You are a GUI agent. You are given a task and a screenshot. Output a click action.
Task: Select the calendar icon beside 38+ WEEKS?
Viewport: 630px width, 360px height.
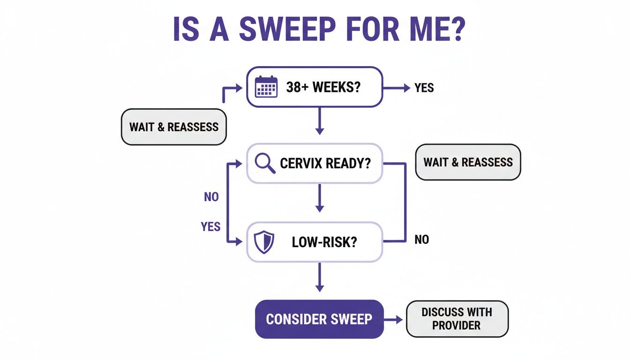[266, 87]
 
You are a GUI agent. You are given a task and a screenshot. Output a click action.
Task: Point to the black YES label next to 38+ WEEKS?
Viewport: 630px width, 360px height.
[424, 88]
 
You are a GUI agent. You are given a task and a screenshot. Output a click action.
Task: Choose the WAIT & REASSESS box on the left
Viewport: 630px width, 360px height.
[174, 127]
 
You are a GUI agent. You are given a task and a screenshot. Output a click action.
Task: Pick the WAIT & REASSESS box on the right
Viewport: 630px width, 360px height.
[468, 162]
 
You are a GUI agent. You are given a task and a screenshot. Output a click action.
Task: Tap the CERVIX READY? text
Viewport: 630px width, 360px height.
[325, 163]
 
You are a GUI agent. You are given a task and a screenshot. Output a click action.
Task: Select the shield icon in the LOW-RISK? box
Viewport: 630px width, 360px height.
[262, 242]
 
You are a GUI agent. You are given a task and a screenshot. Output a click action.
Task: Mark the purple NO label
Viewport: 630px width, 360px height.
[211, 197]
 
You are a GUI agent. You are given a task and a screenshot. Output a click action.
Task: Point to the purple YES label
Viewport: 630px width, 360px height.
[210, 227]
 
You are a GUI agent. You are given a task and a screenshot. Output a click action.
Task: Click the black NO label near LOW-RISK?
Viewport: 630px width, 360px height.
[421, 240]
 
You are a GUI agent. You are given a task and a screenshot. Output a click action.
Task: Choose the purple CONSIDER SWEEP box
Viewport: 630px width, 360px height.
[319, 319]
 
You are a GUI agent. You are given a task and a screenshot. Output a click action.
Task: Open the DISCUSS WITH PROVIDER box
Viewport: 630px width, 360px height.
[457, 319]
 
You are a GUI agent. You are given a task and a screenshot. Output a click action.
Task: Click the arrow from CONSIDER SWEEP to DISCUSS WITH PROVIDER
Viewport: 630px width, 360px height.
[394, 320]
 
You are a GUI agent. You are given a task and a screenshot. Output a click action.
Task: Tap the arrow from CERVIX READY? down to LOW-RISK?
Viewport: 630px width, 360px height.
[319, 198]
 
